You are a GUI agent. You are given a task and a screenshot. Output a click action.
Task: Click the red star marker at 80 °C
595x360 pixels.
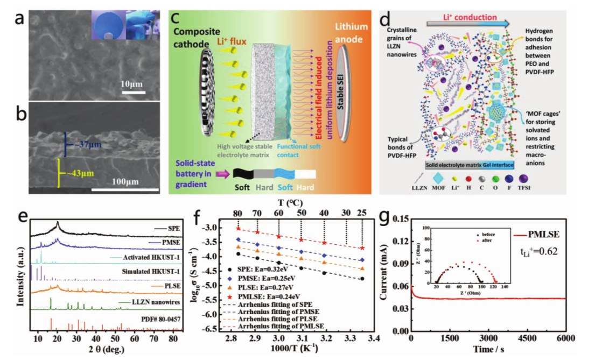pos(237,228)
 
